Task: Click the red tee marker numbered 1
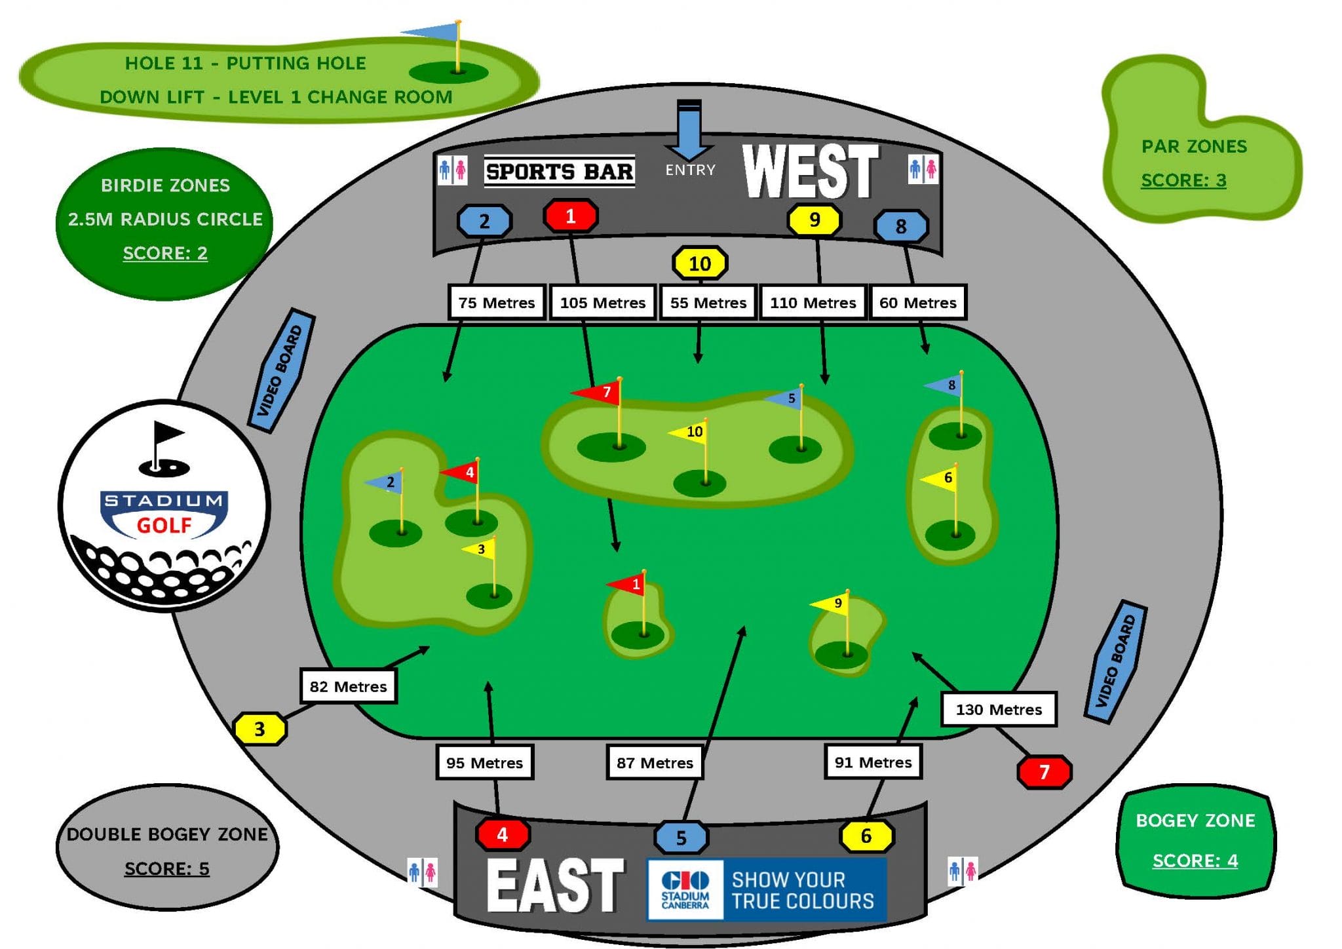coord(570,216)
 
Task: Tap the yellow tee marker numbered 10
coord(699,263)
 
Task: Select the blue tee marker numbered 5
coord(681,837)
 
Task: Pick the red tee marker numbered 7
coord(1044,771)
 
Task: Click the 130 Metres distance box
coord(998,709)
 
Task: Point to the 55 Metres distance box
coord(708,302)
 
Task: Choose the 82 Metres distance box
coord(348,686)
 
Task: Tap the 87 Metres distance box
coord(654,762)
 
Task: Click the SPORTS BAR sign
coord(559,172)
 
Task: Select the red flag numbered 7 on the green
coord(598,393)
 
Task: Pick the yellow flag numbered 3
coord(479,549)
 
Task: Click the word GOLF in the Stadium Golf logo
coord(164,525)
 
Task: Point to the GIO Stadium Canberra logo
coord(685,889)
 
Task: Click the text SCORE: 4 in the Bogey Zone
coord(1195,860)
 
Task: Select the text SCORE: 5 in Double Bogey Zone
coord(167,868)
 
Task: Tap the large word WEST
coord(810,172)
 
